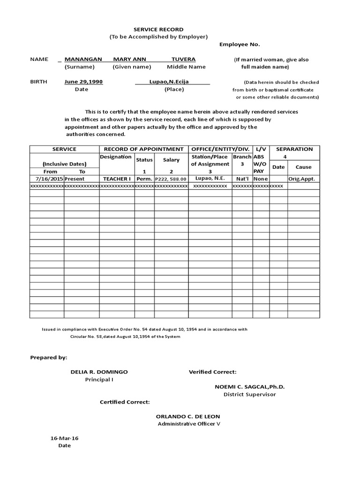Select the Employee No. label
pos(240,45)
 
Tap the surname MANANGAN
pos(83,60)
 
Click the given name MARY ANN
pos(129,60)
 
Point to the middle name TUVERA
pos(183,60)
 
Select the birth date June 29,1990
pos(83,82)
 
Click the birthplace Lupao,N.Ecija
pos(169,82)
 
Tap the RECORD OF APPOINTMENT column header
pos(143,149)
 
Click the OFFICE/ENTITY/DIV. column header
pos(220,149)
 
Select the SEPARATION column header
pos(294,149)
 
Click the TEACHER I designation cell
pos(117,179)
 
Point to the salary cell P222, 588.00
pos(171,179)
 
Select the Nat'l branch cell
pos(242,179)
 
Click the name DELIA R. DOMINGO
pos(99,372)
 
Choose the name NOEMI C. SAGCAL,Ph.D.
pos(249,387)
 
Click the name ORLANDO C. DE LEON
pos(188,416)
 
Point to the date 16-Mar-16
pos(64,438)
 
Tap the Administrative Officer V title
pos(188,424)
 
